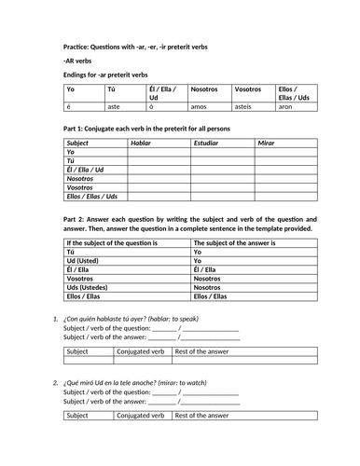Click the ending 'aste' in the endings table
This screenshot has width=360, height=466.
(x=114, y=107)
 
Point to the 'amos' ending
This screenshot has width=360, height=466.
(x=198, y=107)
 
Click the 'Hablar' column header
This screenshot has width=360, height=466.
(x=142, y=144)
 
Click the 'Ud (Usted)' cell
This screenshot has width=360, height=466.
(x=84, y=261)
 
